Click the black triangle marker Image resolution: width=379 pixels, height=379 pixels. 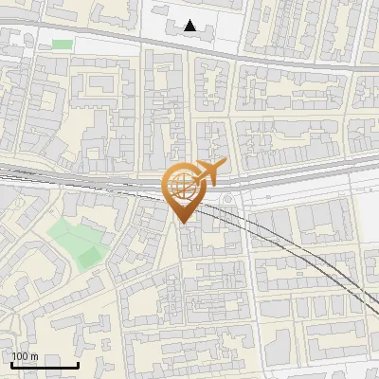point(191,27)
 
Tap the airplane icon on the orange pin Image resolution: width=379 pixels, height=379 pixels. point(209,171)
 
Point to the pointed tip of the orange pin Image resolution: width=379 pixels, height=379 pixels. point(182,222)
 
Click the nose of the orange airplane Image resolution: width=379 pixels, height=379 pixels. point(226,163)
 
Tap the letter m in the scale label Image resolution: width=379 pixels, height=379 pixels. point(35,356)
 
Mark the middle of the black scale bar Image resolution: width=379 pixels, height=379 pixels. point(45,365)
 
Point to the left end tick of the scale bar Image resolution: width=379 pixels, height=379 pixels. point(11,364)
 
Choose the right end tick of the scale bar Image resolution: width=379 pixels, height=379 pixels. point(78,364)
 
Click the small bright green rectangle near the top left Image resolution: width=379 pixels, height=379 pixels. point(62,44)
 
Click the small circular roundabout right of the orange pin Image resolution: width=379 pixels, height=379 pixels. point(230,198)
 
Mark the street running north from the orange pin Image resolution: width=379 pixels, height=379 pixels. point(189,104)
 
